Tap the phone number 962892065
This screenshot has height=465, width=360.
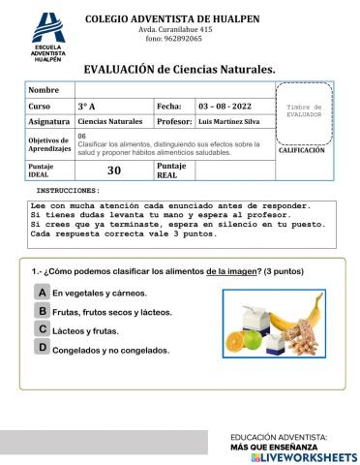(173, 39)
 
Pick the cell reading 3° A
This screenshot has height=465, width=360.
(113, 106)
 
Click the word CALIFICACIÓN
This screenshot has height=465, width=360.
(302, 151)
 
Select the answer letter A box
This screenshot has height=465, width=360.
(43, 292)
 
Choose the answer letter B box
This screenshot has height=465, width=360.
(43, 311)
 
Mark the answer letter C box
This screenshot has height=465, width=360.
(43, 329)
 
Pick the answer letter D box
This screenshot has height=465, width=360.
(43, 348)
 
